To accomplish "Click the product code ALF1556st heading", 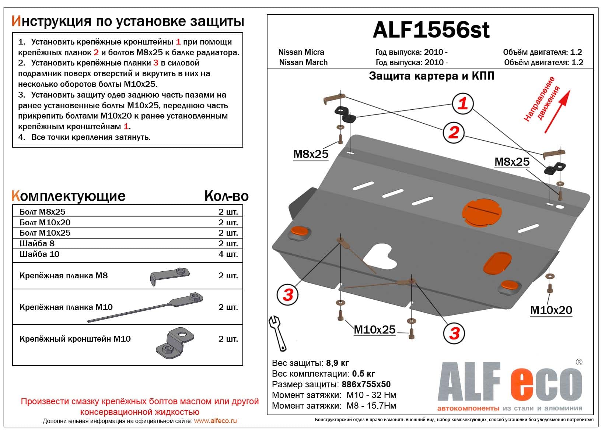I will point(431,30).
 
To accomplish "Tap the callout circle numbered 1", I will point(462,103).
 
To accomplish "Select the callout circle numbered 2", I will point(453,133).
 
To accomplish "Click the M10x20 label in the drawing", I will point(551,310).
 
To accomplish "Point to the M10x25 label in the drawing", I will point(374,330).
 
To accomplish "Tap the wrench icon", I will point(277,333).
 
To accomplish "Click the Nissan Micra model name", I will point(301,52).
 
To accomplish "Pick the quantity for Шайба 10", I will point(228,254).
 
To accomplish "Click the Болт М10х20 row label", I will point(45,222).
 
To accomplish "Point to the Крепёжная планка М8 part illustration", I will point(169,275).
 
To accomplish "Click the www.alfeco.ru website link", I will point(215,421).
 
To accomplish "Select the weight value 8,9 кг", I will point(337,363).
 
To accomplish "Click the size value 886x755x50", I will point(366,384).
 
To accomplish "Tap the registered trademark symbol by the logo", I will point(579,362).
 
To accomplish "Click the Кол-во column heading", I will point(226,196).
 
